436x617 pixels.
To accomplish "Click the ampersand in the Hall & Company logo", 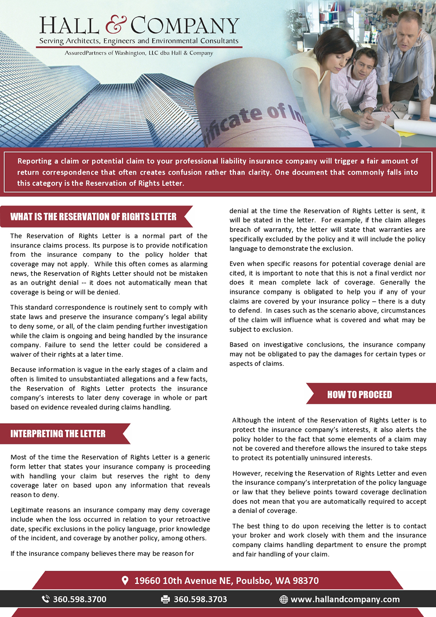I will point(116,25).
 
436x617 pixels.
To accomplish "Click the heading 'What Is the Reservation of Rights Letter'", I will point(93,217).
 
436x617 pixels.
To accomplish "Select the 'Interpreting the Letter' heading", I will point(58,434).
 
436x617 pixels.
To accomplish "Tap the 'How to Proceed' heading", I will point(360,395).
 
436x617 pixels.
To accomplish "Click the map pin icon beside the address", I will point(125,580).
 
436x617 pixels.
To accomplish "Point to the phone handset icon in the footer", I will point(45,599).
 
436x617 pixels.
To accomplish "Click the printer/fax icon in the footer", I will point(165,600).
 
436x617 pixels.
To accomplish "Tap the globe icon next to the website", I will point(283,600).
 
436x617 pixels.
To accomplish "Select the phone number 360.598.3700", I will point(80,600).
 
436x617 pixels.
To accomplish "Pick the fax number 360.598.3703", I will point(201,600).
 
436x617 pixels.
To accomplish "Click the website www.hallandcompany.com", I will point(345,600).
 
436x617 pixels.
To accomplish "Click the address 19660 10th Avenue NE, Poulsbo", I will point(226,581).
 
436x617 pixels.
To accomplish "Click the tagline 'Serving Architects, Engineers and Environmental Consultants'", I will point(139,41).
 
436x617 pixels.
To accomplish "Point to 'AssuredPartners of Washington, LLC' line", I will point(139,53).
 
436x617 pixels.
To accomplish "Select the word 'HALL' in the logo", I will point(69,26).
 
